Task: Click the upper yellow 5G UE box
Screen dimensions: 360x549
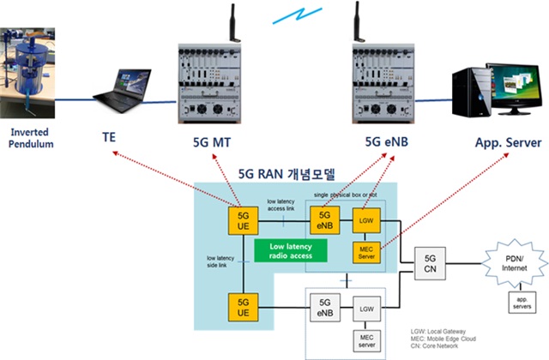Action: tap(244, 219)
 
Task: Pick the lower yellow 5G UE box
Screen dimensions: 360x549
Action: tap(244, 306)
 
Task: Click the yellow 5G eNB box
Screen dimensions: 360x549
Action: tap(324, 219)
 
